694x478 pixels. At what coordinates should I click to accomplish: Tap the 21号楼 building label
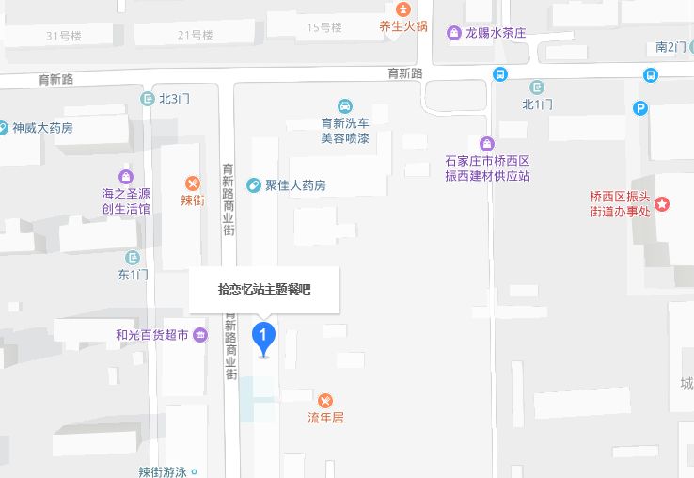coord(196,35)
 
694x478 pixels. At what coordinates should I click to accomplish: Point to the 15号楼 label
coord(324,27)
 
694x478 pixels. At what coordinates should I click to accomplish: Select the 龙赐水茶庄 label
coord(495,33)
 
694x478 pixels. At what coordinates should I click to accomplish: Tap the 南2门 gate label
coord(671,46)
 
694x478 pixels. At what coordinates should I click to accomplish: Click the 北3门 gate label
coord(174,98)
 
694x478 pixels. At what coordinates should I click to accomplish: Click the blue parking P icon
coord(640,108)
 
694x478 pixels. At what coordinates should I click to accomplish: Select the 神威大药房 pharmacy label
coord(42,127)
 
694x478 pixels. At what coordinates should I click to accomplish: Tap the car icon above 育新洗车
coord(345,106)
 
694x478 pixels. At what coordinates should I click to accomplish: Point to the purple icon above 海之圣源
coord(126,176)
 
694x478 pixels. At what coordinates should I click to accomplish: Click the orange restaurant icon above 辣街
coord(193,183)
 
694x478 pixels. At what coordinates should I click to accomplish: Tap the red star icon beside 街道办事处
coord(663,204)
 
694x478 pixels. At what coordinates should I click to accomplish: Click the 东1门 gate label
coord(134,275)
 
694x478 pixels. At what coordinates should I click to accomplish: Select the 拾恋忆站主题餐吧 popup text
coord(264,289)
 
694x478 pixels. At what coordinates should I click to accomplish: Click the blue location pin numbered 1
coord(264,337)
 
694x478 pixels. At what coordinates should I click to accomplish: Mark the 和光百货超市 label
coord(152,334)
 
